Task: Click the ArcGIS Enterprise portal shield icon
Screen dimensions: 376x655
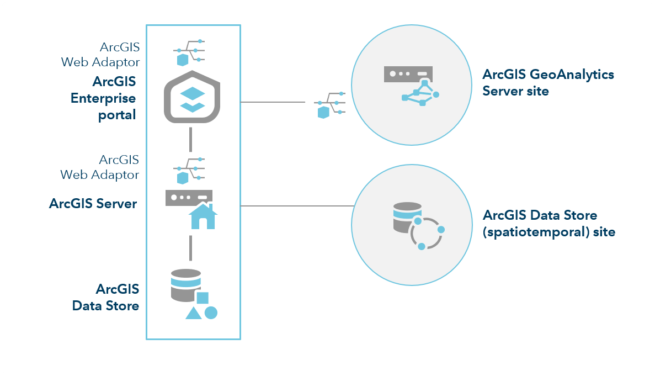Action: tap(191, 98)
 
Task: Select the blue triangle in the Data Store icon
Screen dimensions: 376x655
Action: tap(193, 313)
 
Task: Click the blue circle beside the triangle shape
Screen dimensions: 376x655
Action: tap(211, 313)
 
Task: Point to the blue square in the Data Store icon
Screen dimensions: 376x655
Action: tap(202, 298)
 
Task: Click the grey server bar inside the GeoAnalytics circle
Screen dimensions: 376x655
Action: tap(408, 73)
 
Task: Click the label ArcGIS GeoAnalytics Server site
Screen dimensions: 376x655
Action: tap(547, 82)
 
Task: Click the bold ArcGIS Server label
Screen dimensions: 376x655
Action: tap(93, 203)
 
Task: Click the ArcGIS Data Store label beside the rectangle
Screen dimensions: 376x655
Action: tap(106, 296)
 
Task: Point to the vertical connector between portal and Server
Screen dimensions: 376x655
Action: tap(190, 139)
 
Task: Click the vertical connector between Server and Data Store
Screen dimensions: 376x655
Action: tap(190, 248)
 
